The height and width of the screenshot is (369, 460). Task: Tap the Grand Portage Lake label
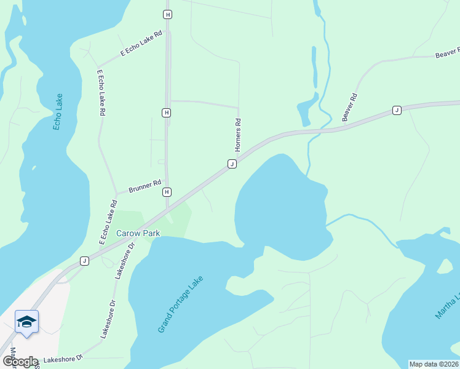point(180,304)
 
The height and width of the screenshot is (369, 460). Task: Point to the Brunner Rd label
point(145,186)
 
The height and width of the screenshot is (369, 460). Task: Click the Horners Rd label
point(238,135)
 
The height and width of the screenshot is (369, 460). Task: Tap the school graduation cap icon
point(27,322)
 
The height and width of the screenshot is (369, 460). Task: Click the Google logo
point(20,362)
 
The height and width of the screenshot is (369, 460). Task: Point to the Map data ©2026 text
point(434,364)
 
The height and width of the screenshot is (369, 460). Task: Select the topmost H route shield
point(167,14)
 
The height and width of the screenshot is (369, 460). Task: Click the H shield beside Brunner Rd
point(167,192)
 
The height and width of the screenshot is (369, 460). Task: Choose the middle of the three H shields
point(167,113)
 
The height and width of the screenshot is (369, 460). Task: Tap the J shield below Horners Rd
point(232,164)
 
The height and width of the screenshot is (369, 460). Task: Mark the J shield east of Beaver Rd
point(397,110)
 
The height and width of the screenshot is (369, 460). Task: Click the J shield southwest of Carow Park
point(84,261)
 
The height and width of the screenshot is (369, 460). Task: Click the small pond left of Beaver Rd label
point(305,111)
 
